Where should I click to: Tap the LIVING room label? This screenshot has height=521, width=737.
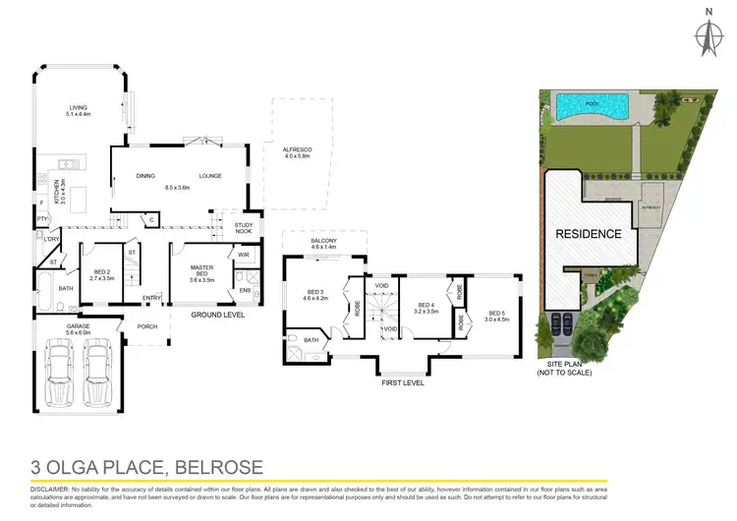(79, 111)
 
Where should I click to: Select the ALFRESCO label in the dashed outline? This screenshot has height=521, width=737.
(296, 151)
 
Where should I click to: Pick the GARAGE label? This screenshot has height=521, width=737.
(78, 328)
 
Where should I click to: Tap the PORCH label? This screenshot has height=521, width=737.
(147, 327)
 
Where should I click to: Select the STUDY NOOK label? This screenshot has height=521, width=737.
(244, 229)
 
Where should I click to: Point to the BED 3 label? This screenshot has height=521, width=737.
(314, 295)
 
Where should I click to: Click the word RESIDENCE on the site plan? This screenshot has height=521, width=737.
(589, 234)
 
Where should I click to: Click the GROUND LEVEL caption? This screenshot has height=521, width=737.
(217, 315)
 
